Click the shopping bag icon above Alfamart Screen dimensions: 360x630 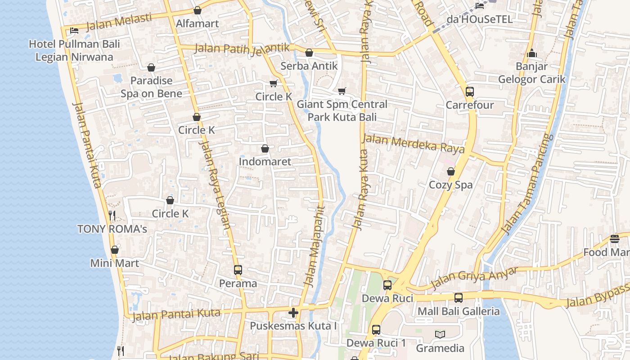click(x=197, y=10)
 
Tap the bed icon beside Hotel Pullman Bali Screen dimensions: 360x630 click(x=74, y=30)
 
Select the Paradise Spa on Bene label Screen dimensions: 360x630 click(x=151, y=87)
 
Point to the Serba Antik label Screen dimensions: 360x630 click(x=309, y=66)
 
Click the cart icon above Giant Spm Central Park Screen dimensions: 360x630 click(x=342, y=91)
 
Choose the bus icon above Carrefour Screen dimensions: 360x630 click(x=469, y=92)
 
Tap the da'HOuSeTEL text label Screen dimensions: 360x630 click(x=479, y=19)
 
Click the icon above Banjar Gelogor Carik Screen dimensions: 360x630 click(x=532, y=54)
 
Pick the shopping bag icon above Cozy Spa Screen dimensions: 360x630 click(x=450, y=171)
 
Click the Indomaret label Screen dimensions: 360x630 click(x=265, y=162)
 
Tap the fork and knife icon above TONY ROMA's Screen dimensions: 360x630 click(x=112, y=216)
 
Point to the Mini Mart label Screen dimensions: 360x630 click(x=115, y=263)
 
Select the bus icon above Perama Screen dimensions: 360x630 click(x=238, y=270)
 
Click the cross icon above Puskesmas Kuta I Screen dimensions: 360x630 click(x=293, y=312)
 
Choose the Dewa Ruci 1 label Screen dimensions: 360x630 click(x=376, y=343)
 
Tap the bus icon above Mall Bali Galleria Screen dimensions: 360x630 click(x=458, y=298)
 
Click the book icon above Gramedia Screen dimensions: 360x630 click(x=440, y=334)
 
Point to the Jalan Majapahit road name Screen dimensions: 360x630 click(x=314, y=246)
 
